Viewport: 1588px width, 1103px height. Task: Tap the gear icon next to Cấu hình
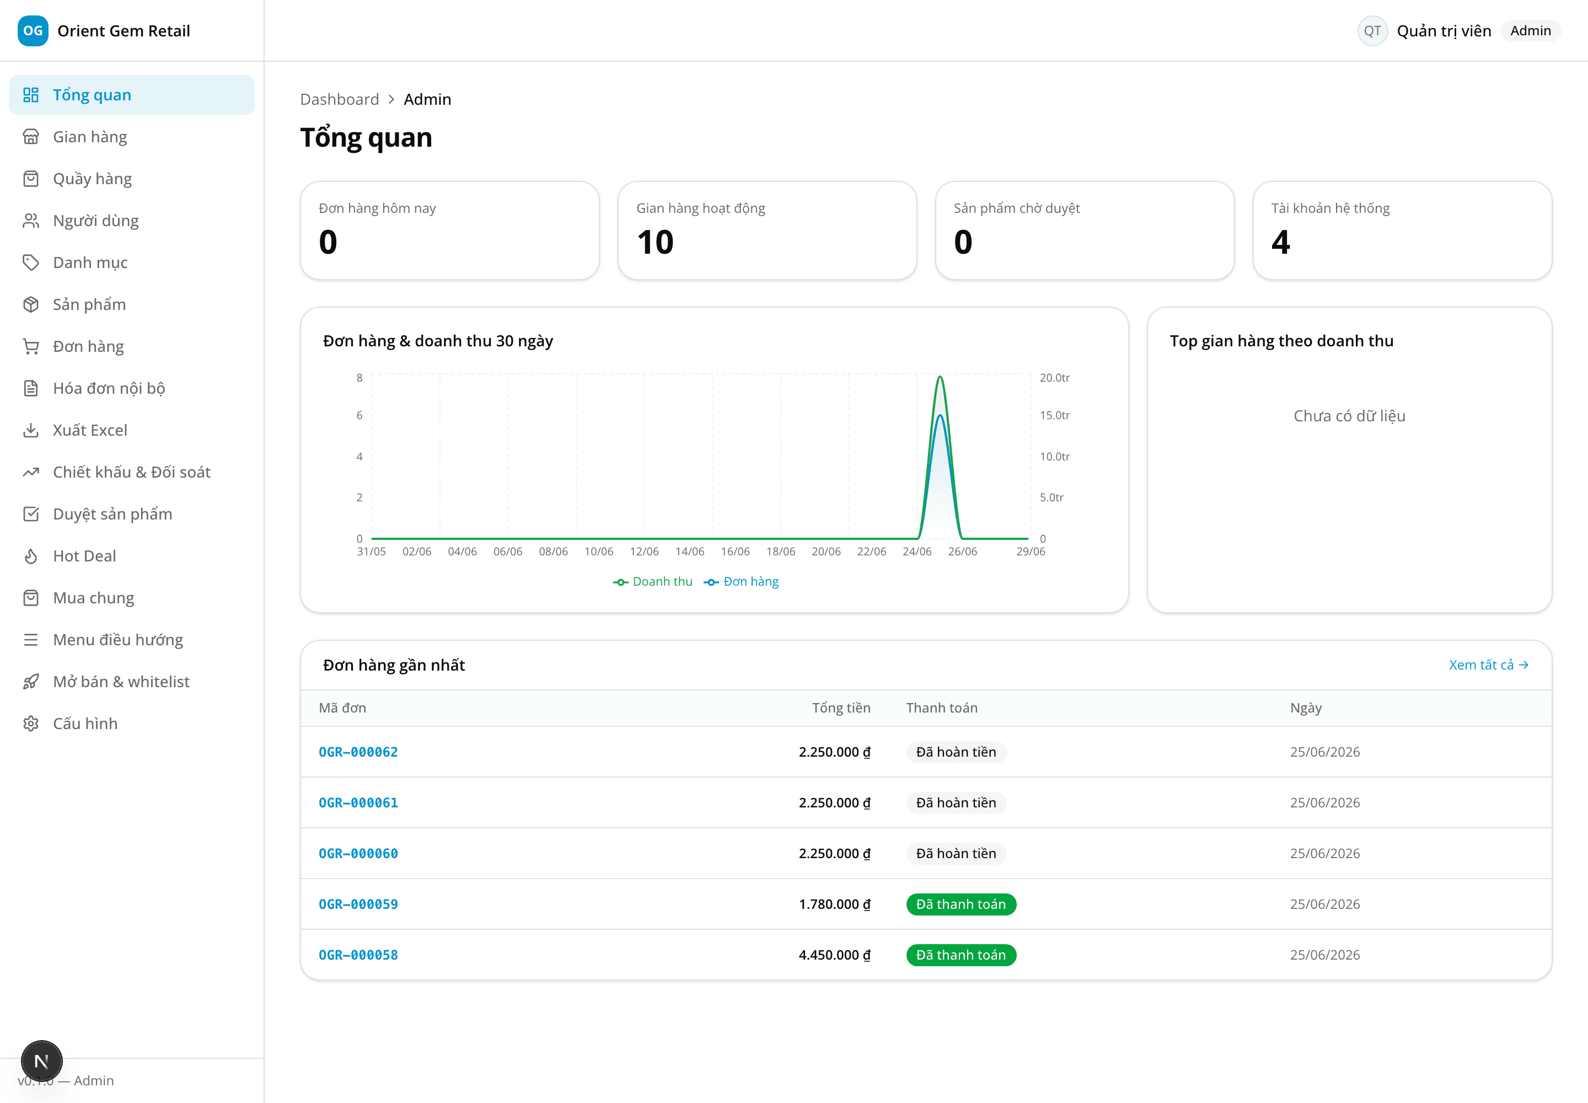31,724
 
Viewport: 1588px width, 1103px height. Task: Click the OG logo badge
33,31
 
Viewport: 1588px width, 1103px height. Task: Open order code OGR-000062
358,752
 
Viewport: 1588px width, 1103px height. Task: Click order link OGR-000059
358,904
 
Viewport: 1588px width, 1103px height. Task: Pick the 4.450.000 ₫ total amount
834,955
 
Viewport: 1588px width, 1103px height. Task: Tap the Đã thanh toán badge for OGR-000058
961,955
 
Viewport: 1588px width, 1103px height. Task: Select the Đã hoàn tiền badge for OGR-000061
956,803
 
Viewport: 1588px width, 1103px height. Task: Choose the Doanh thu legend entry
652,582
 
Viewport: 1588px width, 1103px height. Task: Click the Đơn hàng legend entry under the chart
741,582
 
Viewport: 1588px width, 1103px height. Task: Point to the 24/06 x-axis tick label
917,551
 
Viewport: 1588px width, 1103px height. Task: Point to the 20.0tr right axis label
1054,378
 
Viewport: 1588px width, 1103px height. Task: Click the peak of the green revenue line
940,377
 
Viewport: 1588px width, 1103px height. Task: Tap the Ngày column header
1305,708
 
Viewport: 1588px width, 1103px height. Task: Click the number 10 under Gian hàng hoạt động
655,243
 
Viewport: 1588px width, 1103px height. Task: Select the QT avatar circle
1372,31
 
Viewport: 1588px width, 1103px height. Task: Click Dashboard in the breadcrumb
339,99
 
